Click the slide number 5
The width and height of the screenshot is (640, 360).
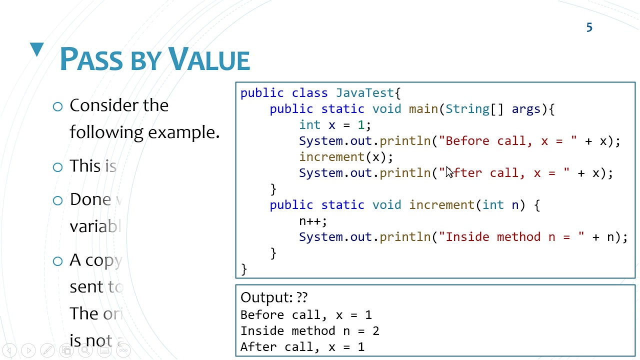coord(589,28)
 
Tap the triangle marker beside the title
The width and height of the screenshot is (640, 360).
coord(37,49)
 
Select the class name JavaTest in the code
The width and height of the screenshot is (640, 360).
coord(365,93)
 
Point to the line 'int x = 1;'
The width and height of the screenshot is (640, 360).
coord(334,125)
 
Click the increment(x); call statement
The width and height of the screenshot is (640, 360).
coord(346,157)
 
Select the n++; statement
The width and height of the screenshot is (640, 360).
coord(313,221)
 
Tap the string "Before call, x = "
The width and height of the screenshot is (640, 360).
coord(507,141)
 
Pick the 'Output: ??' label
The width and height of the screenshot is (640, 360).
coord(274,297)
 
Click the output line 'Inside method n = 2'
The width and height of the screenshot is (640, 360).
coord(309,331)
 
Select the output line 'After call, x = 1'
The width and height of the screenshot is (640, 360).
coord(302,347)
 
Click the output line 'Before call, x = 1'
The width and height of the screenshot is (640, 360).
coord(306,315)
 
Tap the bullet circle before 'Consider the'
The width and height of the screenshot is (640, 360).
coord(57,106)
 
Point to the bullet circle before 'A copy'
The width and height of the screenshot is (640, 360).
coord(57,261)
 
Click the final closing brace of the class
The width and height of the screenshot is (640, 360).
coord(243,269)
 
